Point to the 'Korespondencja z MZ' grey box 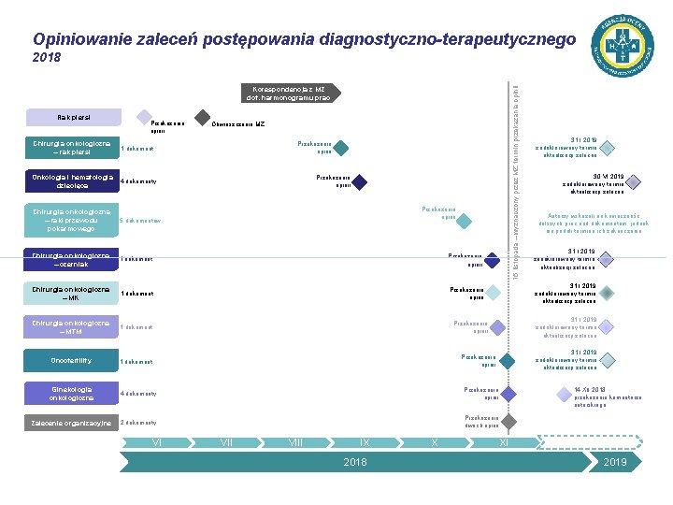point(288,94)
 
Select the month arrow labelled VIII point(295,441)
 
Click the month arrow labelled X point(435,441)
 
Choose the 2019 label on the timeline point(615,463)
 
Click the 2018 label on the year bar point(355,463)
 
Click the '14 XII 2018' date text point(590,389)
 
